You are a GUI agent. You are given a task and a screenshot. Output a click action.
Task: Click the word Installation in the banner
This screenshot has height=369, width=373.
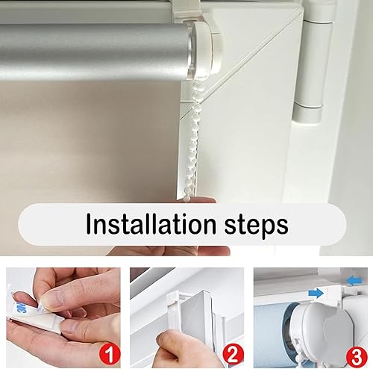click(x=151, y=223)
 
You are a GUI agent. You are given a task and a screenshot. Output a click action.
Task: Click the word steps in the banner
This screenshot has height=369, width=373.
click(x=257, y=226)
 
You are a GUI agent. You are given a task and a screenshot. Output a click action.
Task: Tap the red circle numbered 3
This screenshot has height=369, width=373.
click(x=357, y=356)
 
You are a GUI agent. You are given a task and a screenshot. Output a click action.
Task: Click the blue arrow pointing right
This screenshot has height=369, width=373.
click(x=316, y=294)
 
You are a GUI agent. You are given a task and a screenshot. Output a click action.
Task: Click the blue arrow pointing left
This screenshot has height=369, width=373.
click(x=355, y=281)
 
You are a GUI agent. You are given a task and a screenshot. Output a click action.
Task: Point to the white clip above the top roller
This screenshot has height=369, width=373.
click(x=185, y=10)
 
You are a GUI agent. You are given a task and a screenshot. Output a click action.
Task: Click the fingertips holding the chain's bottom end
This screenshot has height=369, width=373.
click(x=204, y=199)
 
